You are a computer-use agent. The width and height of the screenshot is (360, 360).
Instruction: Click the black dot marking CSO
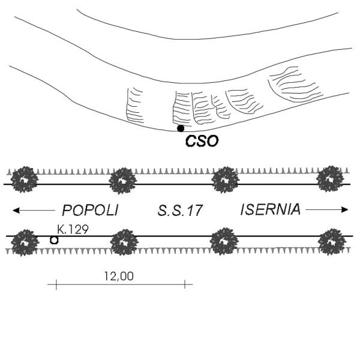[181, 128]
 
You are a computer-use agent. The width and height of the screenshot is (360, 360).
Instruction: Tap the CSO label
[202, 141]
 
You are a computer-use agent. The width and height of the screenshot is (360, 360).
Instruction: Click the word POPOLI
[90, 210]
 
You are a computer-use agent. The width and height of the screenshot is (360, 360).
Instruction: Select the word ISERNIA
[271, 209]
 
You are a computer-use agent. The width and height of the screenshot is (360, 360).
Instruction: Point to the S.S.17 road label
[180, 211]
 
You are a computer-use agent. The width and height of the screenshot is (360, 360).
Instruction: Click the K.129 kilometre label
[73, 229]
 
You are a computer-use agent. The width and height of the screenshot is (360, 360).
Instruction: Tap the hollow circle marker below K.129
[54, 240]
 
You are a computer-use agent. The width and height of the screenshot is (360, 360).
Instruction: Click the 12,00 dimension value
[119, 276]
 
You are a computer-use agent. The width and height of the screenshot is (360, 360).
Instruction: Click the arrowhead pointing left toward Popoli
[16, 211]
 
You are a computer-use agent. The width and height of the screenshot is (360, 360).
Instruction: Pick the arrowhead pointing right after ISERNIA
[345, 209]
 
